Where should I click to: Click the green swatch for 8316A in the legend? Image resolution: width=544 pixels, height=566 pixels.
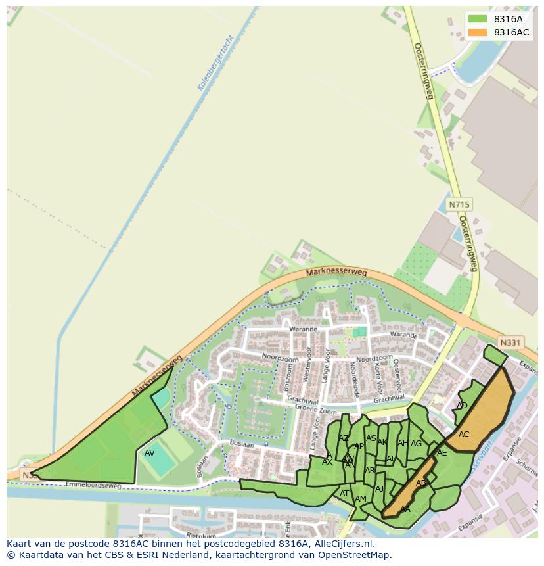(x=478, y=19)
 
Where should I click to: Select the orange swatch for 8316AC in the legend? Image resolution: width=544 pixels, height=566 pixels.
(x=478, y=32)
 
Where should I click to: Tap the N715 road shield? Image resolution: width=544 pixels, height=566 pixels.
(x=459, y=205)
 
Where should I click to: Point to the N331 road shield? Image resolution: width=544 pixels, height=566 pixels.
(x=510, y=342)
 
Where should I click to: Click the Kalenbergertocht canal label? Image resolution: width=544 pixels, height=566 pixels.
(x=215, y=62)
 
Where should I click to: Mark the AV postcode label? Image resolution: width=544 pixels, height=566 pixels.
(x=150, y=453)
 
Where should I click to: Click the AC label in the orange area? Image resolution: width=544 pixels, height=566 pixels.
(x=464, y=435)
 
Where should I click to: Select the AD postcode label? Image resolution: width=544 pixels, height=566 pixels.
(x=462, y=406)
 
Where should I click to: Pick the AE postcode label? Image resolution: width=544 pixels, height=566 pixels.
(x=442, y=453)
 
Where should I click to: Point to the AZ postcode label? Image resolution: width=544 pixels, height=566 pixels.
(x=344, y=438)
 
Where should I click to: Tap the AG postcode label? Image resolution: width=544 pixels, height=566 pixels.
(x=416, y=444)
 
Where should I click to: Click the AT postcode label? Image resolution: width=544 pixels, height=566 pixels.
(x=344, y=494)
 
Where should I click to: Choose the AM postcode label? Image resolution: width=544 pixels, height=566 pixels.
(x=361, y=499)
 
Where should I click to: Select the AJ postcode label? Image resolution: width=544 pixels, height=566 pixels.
(x=379, y=489)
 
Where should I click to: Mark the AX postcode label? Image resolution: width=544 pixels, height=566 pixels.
(x=327, y=462)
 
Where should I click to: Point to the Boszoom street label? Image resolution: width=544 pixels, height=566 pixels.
(x=286, y=384)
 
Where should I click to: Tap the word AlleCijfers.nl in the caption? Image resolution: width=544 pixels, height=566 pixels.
(x=343, y=544)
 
